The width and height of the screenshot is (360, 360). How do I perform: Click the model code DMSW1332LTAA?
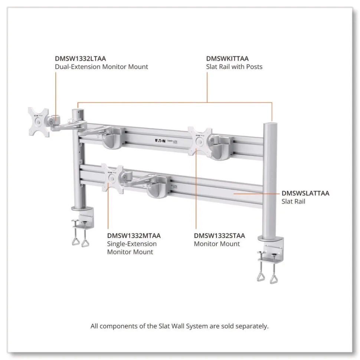80,59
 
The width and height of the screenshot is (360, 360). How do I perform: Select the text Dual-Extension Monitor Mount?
101,67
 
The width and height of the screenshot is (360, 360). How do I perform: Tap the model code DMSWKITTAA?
227,59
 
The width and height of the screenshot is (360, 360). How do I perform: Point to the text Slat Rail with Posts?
234,67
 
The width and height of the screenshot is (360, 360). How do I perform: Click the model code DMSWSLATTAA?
305,193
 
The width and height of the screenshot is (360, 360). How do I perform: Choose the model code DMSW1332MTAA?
134,236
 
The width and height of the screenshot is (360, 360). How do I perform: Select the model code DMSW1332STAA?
219,236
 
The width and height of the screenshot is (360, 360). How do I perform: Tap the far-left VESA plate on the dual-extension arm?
39,122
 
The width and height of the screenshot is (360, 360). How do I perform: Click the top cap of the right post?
272,123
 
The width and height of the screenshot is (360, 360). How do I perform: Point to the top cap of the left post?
77,110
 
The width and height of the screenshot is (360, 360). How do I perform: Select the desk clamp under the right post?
270,258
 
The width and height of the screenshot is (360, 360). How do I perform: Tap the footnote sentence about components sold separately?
180,326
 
